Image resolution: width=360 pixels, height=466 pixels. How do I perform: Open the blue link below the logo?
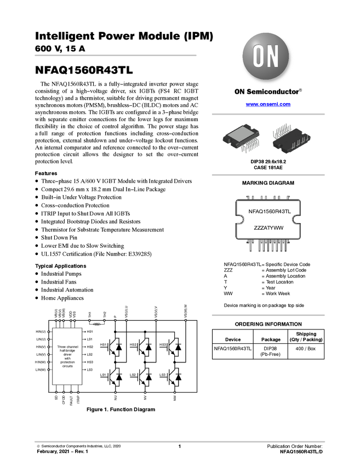[x=268, y=104]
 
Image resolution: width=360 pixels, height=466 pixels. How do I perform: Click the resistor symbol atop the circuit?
[x=99, y=323]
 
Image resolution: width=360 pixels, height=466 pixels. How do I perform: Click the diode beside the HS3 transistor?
[x=178, y=346]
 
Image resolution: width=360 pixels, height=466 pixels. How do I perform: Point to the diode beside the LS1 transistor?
[x=119, y=377]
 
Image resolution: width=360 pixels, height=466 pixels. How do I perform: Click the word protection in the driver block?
[x=68, y=362]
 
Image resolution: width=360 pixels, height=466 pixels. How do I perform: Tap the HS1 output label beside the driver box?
[x=90, y=332]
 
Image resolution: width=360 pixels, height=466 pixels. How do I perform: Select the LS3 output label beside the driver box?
[x=90, y=370]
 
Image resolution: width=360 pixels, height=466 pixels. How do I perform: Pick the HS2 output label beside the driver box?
[x=90, y=347]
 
